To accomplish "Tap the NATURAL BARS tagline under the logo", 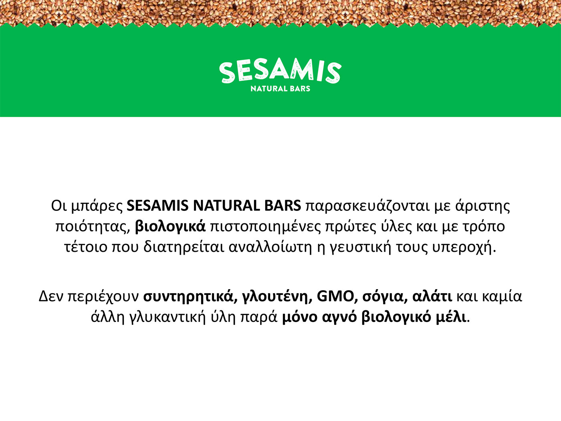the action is (280, 89).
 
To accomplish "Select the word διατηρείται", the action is (184, 247).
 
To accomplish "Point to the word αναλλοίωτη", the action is (270, 247).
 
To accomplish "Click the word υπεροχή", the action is (464, 248).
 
